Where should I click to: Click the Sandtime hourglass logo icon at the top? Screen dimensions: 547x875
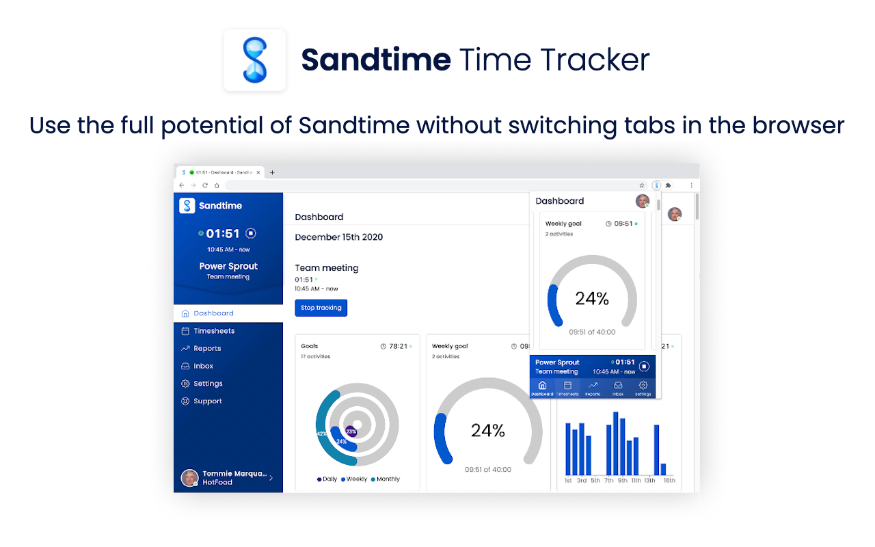pyautogui.click(x=254, y=60)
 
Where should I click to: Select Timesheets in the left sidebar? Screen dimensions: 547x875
pyautogui.click(x=213, y=331)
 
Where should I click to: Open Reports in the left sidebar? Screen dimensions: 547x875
pyautogui.click(x=206, y=349)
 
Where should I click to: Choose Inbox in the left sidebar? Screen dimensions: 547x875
pyautogui.click(x=203, y=366)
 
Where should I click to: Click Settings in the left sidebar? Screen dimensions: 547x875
pyautogui.click(x=208, y=384)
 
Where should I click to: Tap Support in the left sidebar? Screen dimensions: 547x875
pyautogui.click(x=207, y=401)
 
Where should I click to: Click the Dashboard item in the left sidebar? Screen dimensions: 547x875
pyautogui.click(x=213, y=313)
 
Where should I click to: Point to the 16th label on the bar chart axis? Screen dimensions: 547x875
pyautogui.click(x=669, y=481)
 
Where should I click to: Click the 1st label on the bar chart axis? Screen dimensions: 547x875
pyautogui.click(x=568, y=481)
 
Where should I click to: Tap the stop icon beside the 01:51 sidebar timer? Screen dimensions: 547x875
pyautogui.click(x=251, y=233)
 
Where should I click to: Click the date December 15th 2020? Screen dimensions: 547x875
pyautogui.click(x=338, y=237)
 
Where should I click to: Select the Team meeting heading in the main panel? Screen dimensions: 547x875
pyautogui.click(x=326, y=268)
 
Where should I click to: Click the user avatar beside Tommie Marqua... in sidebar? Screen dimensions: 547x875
pyautogui.click(x=189, y=478)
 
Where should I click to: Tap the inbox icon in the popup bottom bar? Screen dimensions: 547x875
pyautogui.click(x=618, y=386)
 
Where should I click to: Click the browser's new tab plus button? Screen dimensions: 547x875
pyautogui.click(x=272, y=172)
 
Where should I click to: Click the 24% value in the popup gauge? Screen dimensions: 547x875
pyautogui.click(x=591, y=299)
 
